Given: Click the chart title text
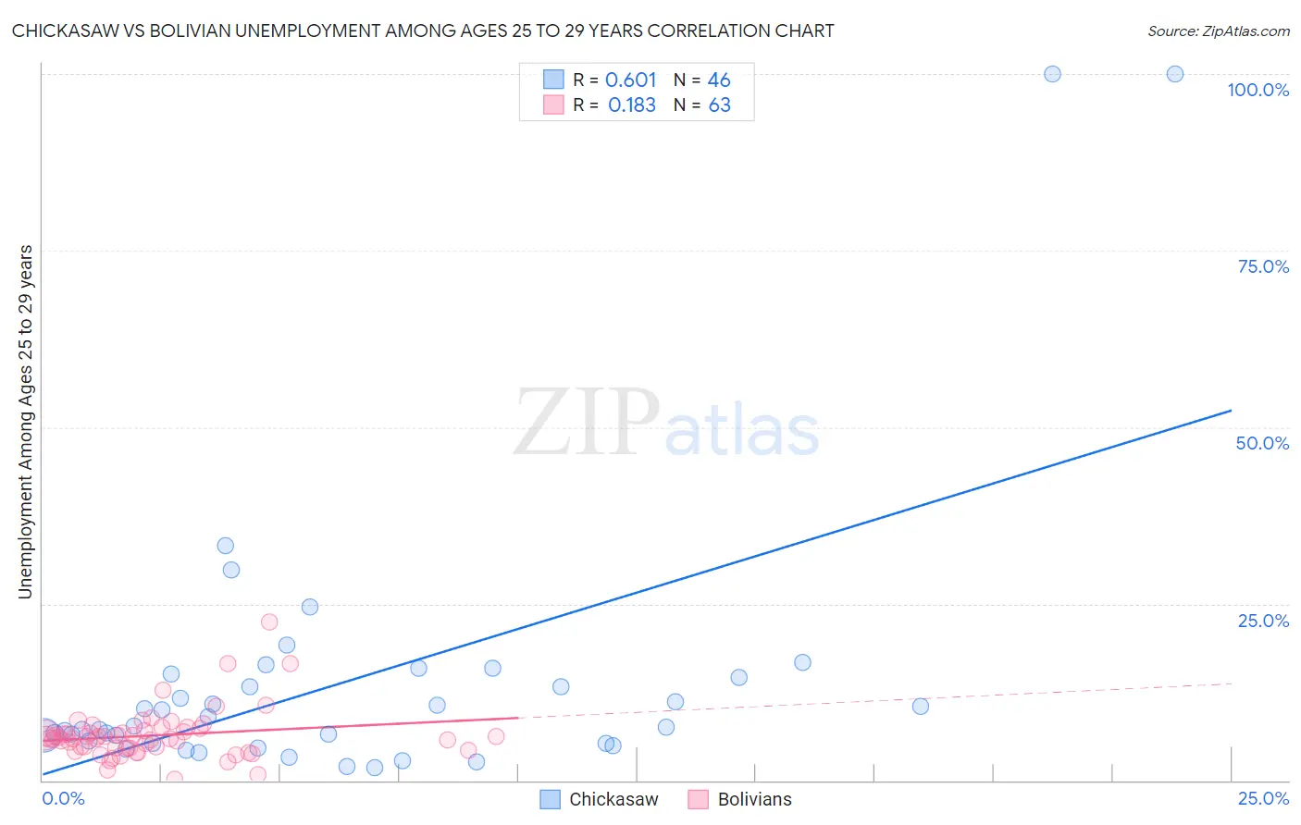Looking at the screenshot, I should click(423, 31).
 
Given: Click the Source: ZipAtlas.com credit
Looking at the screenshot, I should click(1218, 31).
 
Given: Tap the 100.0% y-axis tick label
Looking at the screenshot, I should click(1258, 90).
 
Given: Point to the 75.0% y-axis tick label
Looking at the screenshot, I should click(1263, 266).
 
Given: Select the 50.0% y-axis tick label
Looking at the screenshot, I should click(1262, 443).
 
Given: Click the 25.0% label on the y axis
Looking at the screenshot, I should click(1263, 621).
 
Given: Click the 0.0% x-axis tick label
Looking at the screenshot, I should click(63, 798).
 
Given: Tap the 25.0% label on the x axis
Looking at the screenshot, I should click(1263, 798).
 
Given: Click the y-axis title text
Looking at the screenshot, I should click(25, 422).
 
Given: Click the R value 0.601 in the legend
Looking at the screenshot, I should click(630, 80).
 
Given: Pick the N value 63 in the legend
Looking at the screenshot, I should click(719, 105).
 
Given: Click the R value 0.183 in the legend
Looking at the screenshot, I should click(631, 105).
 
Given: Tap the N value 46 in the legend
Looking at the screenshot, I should click(719, 80).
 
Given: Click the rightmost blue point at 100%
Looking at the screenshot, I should click(1174, 74).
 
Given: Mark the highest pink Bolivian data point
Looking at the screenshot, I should click(269, 622).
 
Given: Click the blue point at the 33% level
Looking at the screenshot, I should click(225, 546).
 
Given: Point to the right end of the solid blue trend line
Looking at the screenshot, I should click(1231, 410).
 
